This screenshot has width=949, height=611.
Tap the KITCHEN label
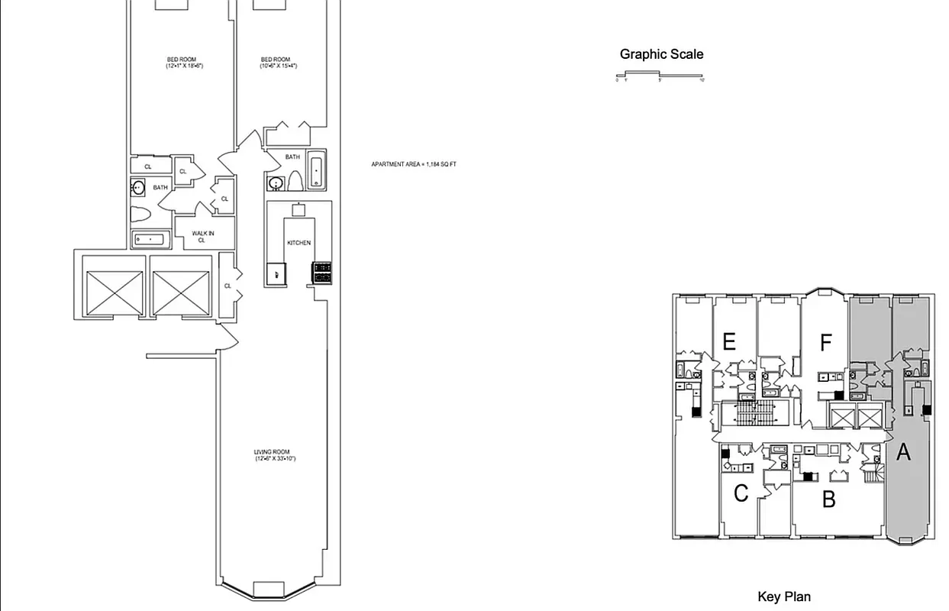pos(299,243)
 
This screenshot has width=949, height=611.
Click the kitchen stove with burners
pos(321,273)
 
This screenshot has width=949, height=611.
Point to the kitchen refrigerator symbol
pos(276,273)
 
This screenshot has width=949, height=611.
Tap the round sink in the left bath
pos(138,187)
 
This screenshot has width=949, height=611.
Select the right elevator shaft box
pos(180,293)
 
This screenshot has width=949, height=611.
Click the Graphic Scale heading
pos(661,54)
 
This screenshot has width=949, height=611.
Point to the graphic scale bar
pos(659,75)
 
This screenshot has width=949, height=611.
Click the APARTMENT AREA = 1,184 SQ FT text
pos(414,164)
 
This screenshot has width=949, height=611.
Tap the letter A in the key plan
pos(903,452)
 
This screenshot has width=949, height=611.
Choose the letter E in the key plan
pos(729,341)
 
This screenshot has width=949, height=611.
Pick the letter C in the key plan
pos(741,494)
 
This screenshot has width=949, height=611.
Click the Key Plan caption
pos(784,596)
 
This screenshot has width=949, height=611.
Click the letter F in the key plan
pos(825,343)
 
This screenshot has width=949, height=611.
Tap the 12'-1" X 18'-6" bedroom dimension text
pos(185,66)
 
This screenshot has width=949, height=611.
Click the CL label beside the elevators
pos(228,286)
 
